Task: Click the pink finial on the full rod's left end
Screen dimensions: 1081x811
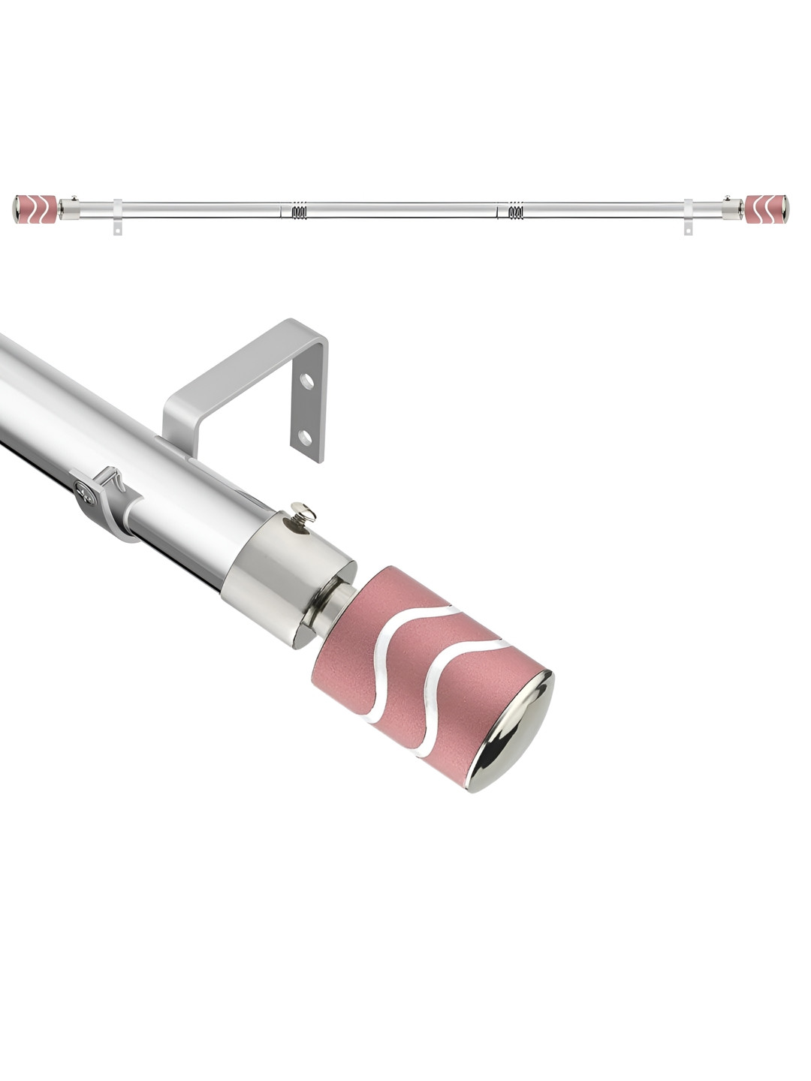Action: point(35,209)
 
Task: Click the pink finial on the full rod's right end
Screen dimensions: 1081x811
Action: point(767,209)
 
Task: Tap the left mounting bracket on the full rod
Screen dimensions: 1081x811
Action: point(117,217)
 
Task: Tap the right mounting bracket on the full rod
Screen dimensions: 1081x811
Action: point(688,217)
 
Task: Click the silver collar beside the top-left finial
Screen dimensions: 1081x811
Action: point(70,208)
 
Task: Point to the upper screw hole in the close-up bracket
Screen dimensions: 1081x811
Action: point(306,381)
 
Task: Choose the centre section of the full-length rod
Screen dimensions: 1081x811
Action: point(405,209)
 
